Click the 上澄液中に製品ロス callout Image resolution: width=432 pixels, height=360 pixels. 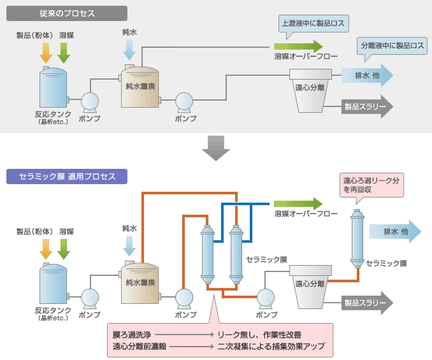click(x=312, y=25)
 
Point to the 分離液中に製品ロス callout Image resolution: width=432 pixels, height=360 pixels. click(x=392, y=46)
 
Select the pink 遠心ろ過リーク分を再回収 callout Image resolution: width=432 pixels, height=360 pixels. click(x=371, y=185)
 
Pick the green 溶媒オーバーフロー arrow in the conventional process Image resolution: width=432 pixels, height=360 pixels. click(x=298, y=47)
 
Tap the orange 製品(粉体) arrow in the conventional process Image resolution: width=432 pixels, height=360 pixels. click(x=46, y=53)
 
